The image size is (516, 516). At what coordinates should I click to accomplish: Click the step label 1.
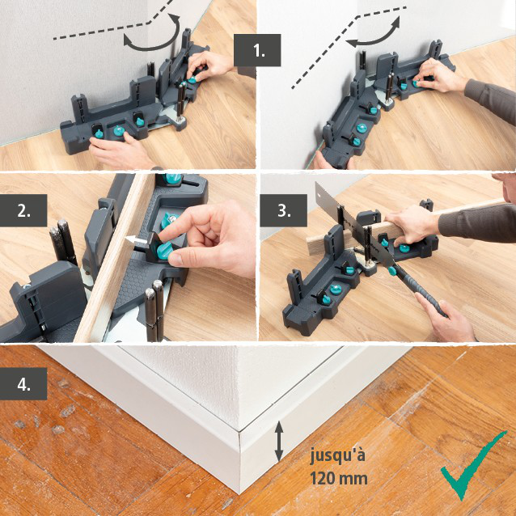click(x=257, y=50)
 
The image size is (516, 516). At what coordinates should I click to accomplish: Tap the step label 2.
click(x=23, y=211)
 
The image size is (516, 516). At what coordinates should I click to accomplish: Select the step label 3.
click(x=283, y=211)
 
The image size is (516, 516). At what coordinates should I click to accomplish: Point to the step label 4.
click(x=23, y=383)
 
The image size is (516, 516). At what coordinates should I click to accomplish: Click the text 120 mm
click(x=339, y=478)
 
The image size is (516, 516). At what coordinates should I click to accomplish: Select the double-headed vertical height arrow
click(x=279, y=441)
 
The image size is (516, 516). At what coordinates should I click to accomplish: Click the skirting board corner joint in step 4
click(x=240, y=457)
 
